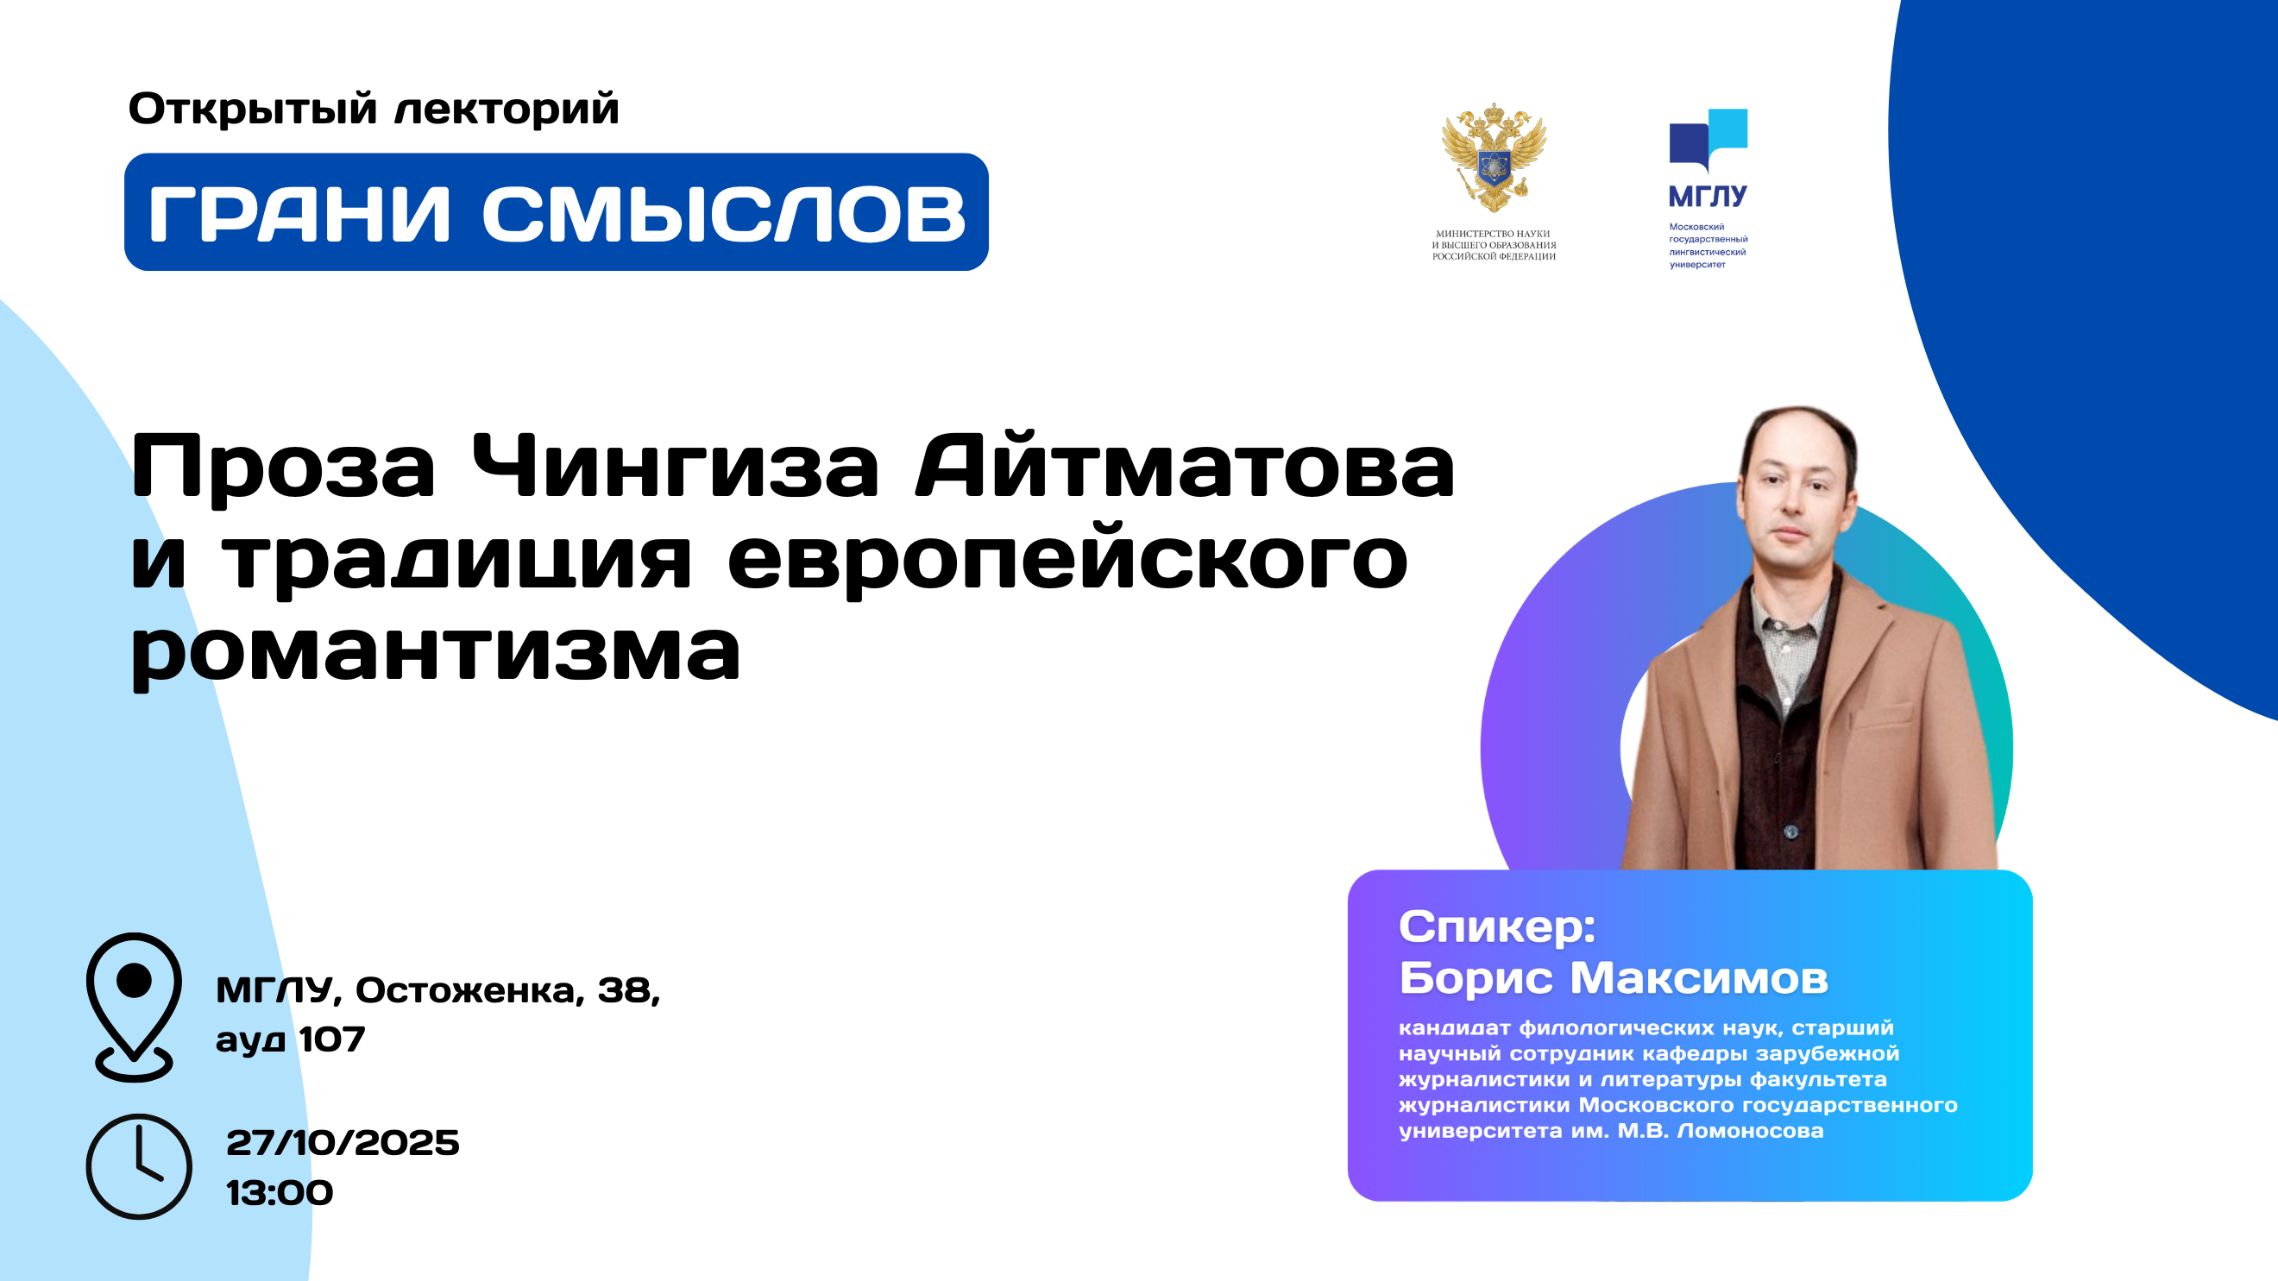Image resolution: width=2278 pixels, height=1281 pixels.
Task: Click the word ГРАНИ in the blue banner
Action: click(299, 213)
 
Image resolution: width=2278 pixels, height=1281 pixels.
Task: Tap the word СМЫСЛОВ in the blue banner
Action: click(724, 213)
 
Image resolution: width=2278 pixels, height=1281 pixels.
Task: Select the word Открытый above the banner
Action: click(253, 110)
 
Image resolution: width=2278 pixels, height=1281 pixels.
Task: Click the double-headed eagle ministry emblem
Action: click(1494, 158)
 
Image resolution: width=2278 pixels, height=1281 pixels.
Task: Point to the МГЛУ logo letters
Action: click(1708, 195)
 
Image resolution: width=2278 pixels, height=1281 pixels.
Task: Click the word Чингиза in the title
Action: click(676, 466)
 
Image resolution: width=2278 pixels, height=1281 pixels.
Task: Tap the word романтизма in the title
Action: click(435, 654)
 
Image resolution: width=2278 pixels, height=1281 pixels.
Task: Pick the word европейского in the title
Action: click(1067, 562)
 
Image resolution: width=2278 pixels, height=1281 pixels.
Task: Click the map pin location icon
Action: click(135, 1007)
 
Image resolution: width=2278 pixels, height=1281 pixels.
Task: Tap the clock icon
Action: click(139, 1166)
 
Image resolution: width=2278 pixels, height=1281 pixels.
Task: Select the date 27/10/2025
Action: click(343, 1142)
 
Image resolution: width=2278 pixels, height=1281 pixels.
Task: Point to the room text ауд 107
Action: click(290, 1039)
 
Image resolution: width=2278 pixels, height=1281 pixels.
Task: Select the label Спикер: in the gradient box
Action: click(1497, 926)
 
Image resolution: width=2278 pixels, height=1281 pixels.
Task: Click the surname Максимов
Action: click(1699, 977)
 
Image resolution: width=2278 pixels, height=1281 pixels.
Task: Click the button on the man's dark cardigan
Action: click(1790, 831)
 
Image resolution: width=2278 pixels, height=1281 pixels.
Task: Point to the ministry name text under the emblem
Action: click(1494, 245)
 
